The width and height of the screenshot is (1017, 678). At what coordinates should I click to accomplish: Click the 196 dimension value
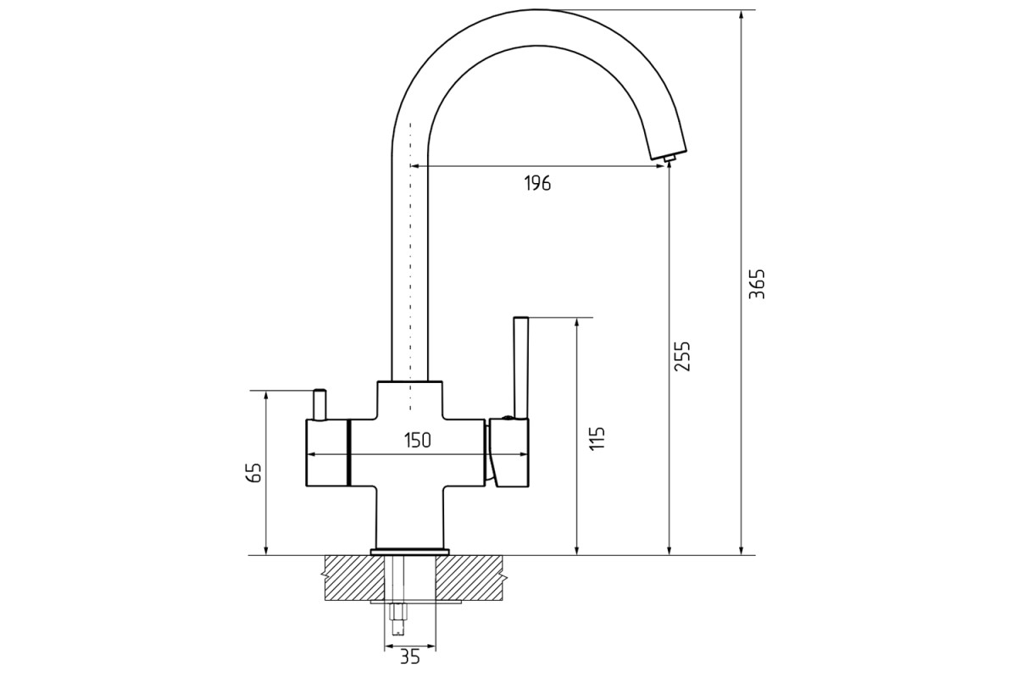tap(537, 183)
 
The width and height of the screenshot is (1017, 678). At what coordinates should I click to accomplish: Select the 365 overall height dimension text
tap(757, 284)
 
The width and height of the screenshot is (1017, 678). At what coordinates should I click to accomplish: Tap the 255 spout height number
tap(681, 356)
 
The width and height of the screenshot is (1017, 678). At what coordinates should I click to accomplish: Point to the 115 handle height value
tap(597, 438)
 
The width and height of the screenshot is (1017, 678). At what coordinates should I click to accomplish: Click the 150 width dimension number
tap(417, 440)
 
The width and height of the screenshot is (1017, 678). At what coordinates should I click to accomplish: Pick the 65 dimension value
tap(253, 473)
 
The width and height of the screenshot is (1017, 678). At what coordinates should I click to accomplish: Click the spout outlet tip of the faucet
tap(670, 158)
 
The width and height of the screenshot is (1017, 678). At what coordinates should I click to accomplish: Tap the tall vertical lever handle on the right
tap(520, 367)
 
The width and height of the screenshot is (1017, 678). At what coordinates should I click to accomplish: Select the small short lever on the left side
tap(320, 404)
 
